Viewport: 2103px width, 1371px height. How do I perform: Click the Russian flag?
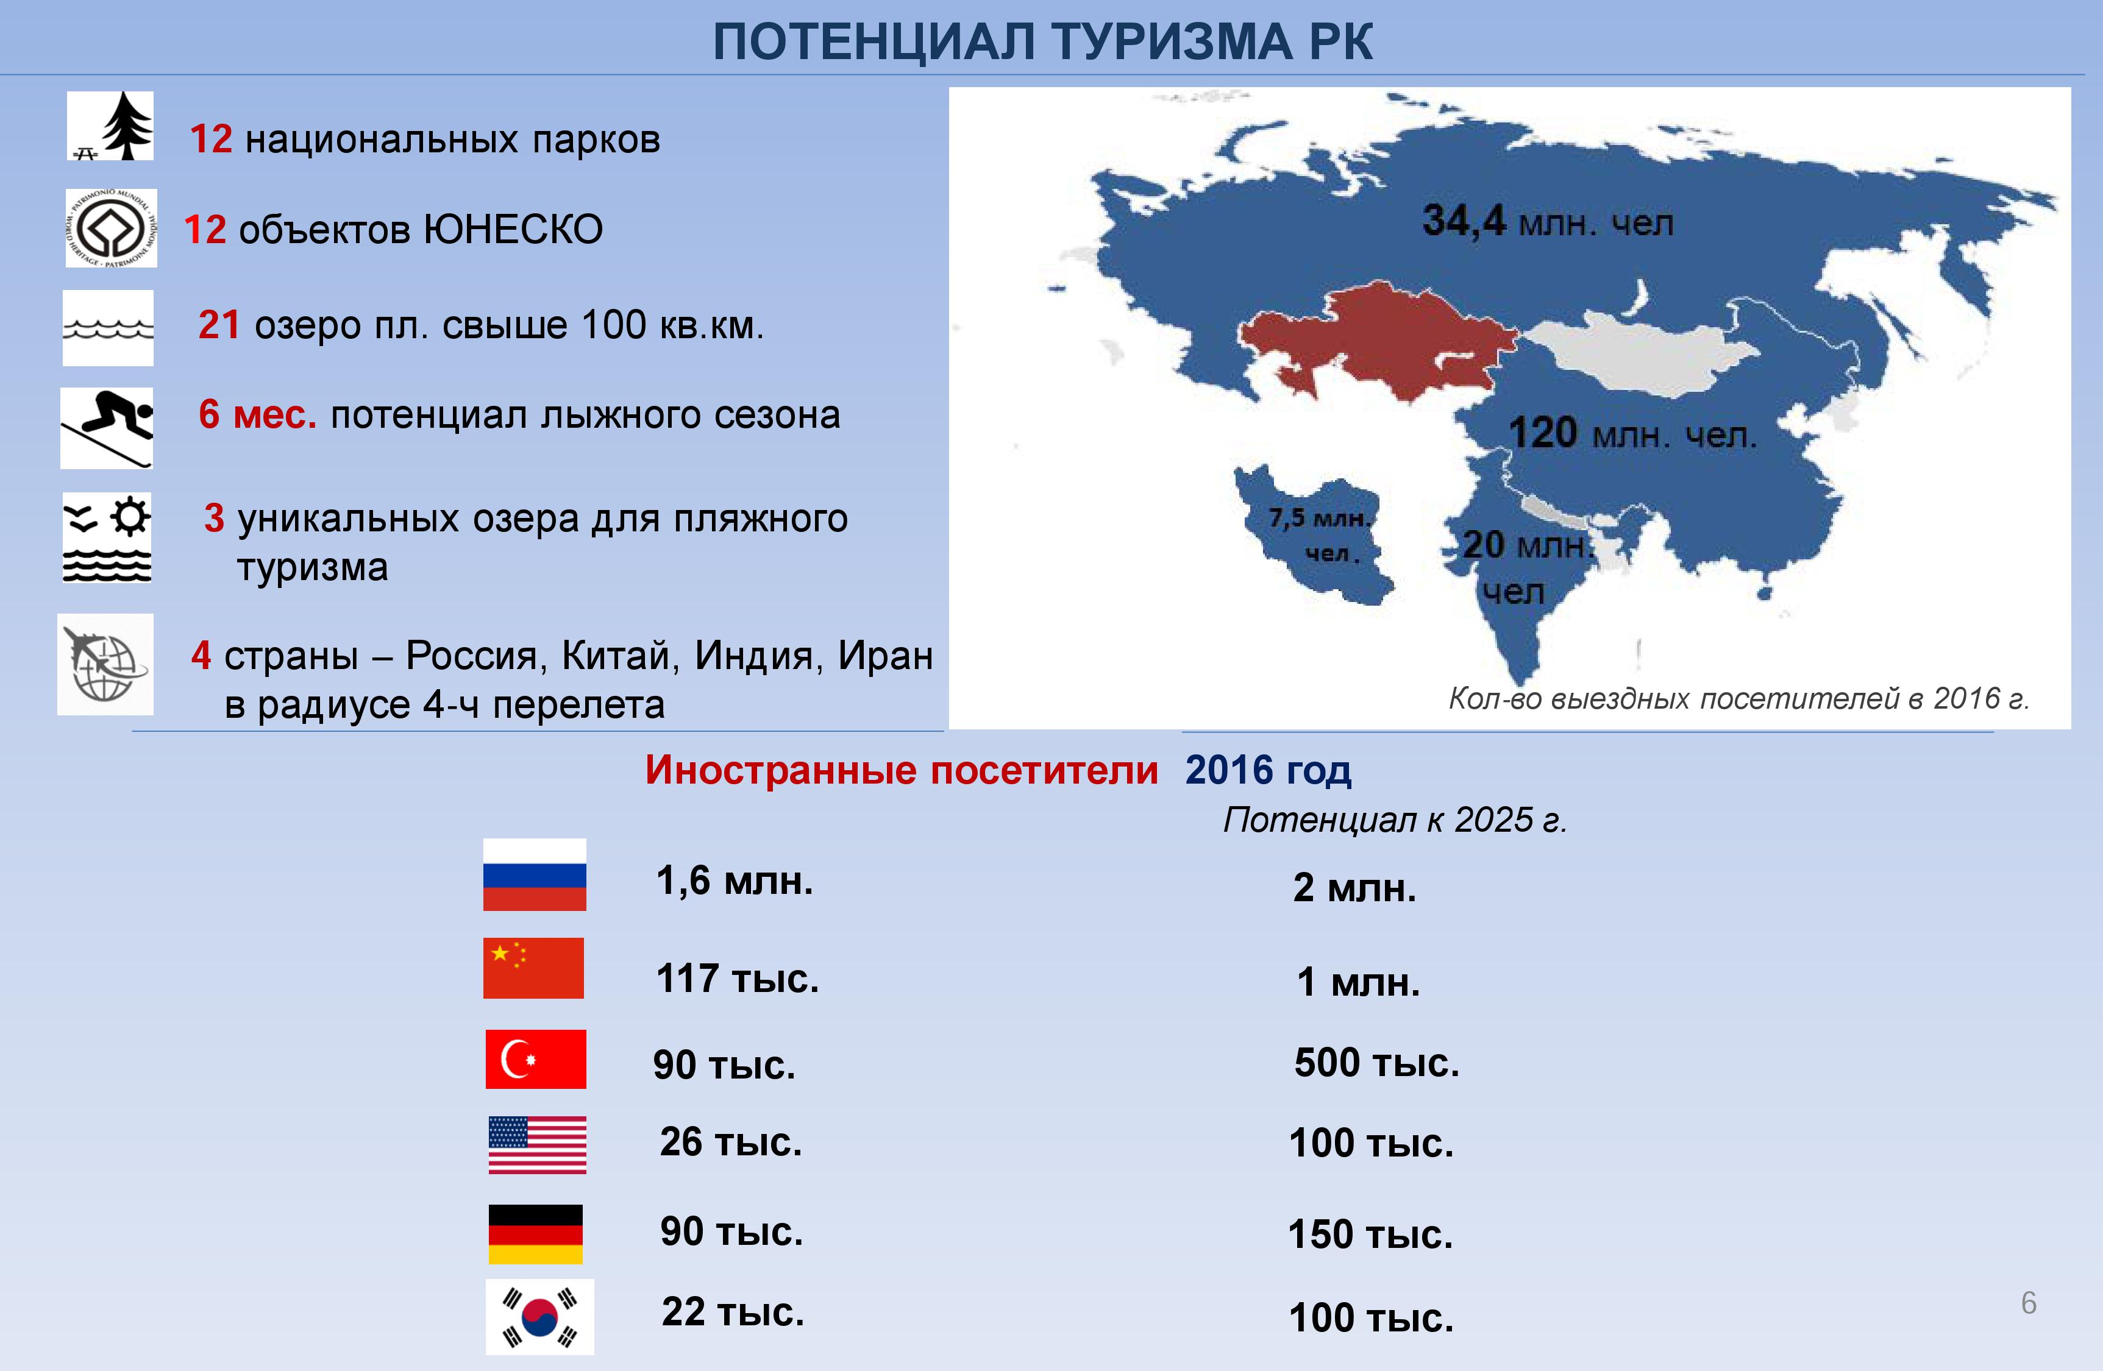(x=534, y=874)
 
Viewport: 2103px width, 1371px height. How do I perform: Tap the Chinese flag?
(x=534, y=968)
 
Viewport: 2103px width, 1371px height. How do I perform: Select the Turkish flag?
(x=535, y=1058)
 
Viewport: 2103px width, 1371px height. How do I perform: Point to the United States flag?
(x=537, y=1145)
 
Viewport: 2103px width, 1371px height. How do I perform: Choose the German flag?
(x=535, y=1234)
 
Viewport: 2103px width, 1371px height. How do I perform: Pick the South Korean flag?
(x=540, y=1316)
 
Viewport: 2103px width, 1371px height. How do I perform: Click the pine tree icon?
(x=110, y=126)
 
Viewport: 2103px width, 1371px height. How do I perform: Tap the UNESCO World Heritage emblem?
(x=112, y=228)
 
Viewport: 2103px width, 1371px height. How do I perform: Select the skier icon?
(x=107, y=428)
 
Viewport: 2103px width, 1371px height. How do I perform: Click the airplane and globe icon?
(x=105, y=664)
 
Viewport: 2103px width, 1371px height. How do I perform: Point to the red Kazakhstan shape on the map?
(x=1378, y=344)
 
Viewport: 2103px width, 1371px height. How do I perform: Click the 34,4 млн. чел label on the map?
(x=1547, y=221)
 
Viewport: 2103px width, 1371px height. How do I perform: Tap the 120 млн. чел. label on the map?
(x=1632, y=433)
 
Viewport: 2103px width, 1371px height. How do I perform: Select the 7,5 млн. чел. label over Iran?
(x=1321, y=534)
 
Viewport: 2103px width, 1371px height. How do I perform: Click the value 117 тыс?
(x=738, y=979)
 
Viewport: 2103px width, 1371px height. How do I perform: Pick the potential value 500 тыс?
(x=1376, y=1063)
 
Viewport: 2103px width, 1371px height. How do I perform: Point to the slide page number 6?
(x=2029, y=1303)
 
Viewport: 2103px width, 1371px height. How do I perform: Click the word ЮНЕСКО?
(x=513, y=230)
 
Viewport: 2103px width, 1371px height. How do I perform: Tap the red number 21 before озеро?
(x=219, y=325)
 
